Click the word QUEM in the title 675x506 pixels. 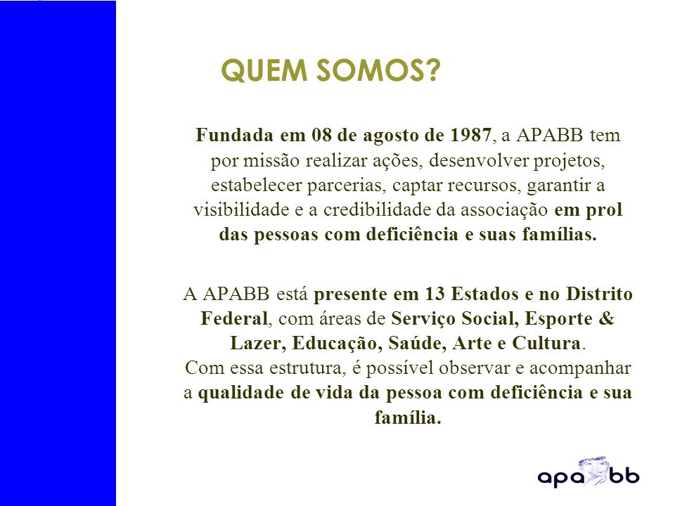tap(264, 70)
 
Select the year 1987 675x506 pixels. tap(470, 135)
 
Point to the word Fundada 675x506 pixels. tap(234, 135)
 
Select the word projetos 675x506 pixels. tap(570, 162)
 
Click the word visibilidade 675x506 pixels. tap(241, 210)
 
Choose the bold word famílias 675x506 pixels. tap(560, 235)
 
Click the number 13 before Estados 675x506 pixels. tap(435, 294)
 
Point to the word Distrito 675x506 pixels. tap(599, 294)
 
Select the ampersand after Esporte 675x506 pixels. tap(606, 318)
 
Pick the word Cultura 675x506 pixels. tap(547, 343)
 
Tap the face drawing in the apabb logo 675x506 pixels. tap(593, 470)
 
